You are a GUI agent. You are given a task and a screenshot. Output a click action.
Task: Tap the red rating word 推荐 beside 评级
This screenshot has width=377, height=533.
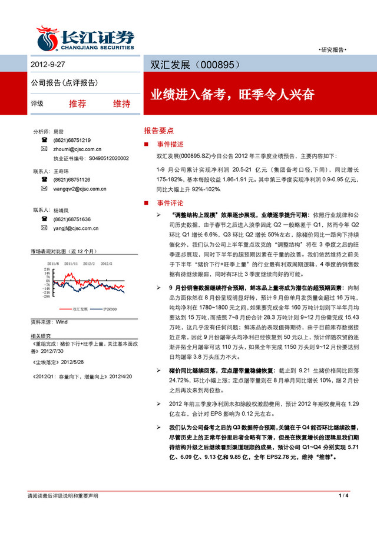pos(77,104)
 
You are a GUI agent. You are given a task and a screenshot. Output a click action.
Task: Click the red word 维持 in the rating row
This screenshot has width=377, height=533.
pos(121,104)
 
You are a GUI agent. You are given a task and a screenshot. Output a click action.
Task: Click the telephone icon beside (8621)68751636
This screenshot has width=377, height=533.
pos(44,219)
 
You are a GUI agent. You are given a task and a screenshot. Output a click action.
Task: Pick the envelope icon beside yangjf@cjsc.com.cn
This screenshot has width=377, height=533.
pos(44,228)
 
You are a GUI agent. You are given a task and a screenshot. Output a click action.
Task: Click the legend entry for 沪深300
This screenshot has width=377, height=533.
pos(109,308)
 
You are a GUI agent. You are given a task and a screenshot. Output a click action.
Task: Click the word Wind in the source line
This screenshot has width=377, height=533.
pos(62,322)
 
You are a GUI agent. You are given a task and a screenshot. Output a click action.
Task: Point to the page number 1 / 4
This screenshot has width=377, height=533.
pos(345,514)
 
